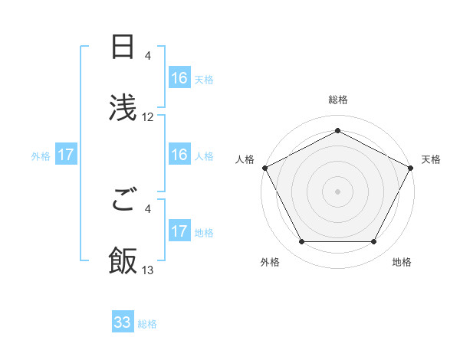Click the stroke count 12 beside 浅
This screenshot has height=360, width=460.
pyautogui.click(x=148, y=117)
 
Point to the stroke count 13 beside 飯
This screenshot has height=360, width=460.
pyautogui.click(x=148, y=270)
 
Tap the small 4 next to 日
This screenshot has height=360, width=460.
pyautogui.click(x=148, y=56)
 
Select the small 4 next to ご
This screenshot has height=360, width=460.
pyautogui.click(x=148, y=208)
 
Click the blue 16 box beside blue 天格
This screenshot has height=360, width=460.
pyautogui.click(x=179, y=78)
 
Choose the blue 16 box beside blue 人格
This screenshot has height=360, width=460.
pyautogui.click(x=179, y=155)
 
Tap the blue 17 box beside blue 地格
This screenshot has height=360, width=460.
pyautogui.click(x=179, y=231)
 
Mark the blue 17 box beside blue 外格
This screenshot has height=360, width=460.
pyautogui.click(x=66, y=155)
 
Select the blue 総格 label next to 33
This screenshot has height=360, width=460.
pyautogui.click(x=147, y=324)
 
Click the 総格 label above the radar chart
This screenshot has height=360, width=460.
pyautogui.click(x=337, y=100)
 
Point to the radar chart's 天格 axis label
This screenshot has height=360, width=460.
pyautogui.click(x=431, y=159)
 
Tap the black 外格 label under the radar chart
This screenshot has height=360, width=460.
pyautogui.click(x=270, y=262)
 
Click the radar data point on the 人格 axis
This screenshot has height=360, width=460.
pyautogui.click(x=264, y=167)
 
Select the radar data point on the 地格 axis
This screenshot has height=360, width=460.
pyautogui.click(x=374, y=241)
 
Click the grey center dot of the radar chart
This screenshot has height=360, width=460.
pyautogui.click(x=337, y=191)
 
